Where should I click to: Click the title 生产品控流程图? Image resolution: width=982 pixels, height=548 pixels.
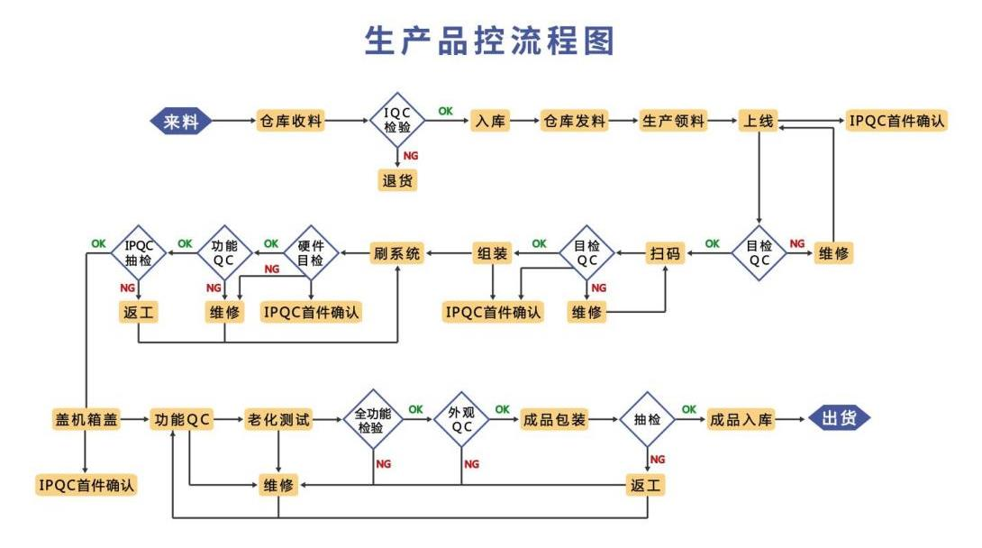click(x=490, y=41)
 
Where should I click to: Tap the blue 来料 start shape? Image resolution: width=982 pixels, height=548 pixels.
click(x=181, y=121)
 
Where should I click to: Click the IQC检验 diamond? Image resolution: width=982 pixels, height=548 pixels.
click(x=397, y=121)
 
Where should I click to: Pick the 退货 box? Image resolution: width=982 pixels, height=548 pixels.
click(x=397, y=179)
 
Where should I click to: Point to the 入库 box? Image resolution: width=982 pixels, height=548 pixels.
click(x=490, y=121)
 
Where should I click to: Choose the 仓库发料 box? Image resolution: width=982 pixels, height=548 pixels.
click(x=574, y=121)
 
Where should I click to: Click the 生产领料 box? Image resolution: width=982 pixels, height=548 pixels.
click(x=673, y=121)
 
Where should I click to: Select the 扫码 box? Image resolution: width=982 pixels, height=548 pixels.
click(x=666, y=253)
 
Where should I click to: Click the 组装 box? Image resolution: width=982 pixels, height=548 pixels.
click(x=493, y=253)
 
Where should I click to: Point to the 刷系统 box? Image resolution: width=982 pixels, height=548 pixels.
click(x=397, y=253)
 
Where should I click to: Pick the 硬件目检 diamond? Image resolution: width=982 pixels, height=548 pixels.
click(x=311, y=253)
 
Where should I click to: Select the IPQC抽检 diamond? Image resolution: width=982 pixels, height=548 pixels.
click(x=140, y=253)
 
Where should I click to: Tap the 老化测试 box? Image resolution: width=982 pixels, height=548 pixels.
click(x=278, y=419)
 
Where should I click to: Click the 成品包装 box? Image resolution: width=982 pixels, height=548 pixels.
click(x=554, y=419)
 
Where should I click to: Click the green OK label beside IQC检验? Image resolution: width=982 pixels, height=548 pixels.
click(x=445, y=111)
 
